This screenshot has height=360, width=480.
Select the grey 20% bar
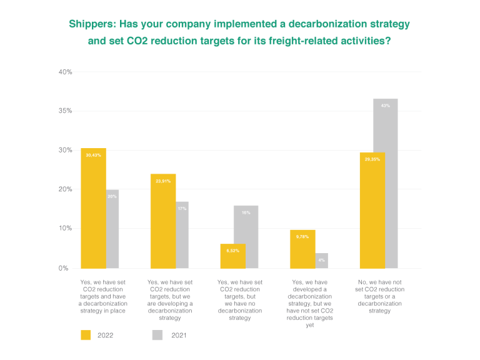(x=112, y=229)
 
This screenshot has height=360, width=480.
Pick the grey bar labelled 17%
(x=182, y=235)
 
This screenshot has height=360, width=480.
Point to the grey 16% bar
(x=246, y=237)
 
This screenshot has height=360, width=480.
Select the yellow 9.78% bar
(x=302, y=249)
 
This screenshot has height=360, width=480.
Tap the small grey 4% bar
(x=321, y=261)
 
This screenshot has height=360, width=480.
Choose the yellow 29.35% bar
(x=372, y=210)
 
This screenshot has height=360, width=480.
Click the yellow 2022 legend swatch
(x=87, y=335)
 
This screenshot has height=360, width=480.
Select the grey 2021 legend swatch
(x=157, y=335)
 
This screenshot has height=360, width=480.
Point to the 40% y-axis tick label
(x=65, y=72)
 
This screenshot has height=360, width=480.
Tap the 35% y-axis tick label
(x=65, y=111)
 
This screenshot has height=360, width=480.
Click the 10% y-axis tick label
(x=65, y=229)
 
